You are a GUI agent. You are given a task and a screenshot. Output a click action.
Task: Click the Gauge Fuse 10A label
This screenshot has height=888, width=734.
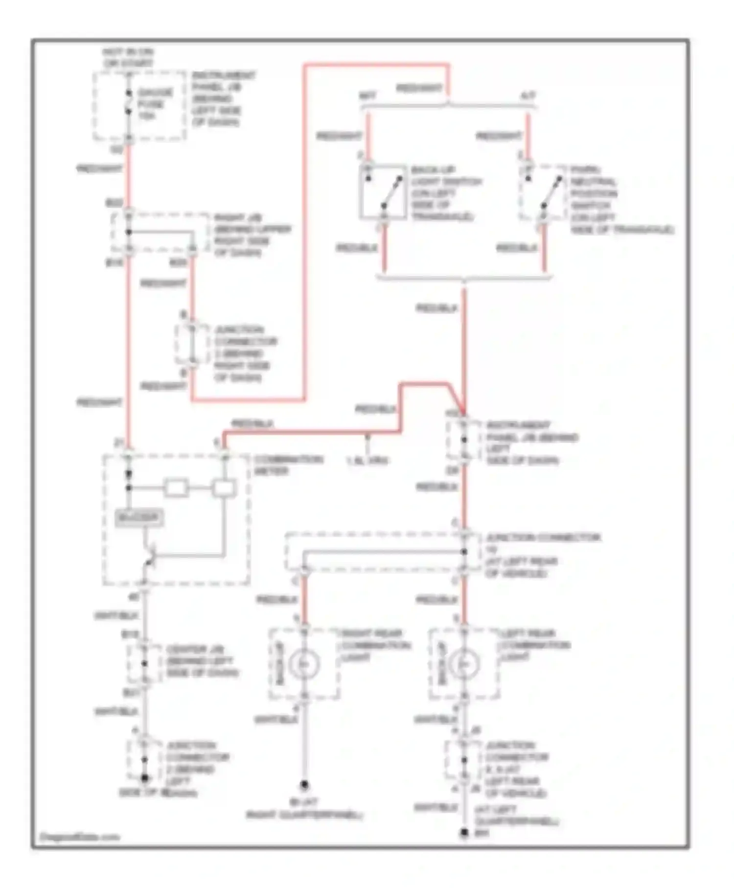[x=155, y=104]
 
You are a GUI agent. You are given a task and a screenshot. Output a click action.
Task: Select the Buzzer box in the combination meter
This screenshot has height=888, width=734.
[x=139, y=518]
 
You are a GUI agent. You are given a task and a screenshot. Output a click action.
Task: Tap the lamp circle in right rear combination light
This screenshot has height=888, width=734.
[x=304, y=664]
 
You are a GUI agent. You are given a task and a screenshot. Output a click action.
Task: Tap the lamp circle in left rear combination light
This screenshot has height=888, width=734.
[x=463, y=664]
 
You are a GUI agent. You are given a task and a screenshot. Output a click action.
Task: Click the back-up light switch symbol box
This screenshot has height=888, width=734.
[x=383, y=191]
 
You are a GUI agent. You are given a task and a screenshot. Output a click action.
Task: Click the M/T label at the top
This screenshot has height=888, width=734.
[x=368, y=96]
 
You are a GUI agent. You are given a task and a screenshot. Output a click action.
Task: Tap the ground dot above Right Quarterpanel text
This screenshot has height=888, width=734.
[x=304, y=785]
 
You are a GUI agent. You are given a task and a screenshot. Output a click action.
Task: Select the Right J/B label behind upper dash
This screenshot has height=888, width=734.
[x=252, y=235]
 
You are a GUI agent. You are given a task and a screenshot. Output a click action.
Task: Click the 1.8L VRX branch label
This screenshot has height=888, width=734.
[x=367, y=460]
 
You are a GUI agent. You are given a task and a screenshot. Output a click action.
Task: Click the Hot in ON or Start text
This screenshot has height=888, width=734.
[x=128, y=58]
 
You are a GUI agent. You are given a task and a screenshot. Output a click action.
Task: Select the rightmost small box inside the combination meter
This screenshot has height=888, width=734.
[x=224, y=488]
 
